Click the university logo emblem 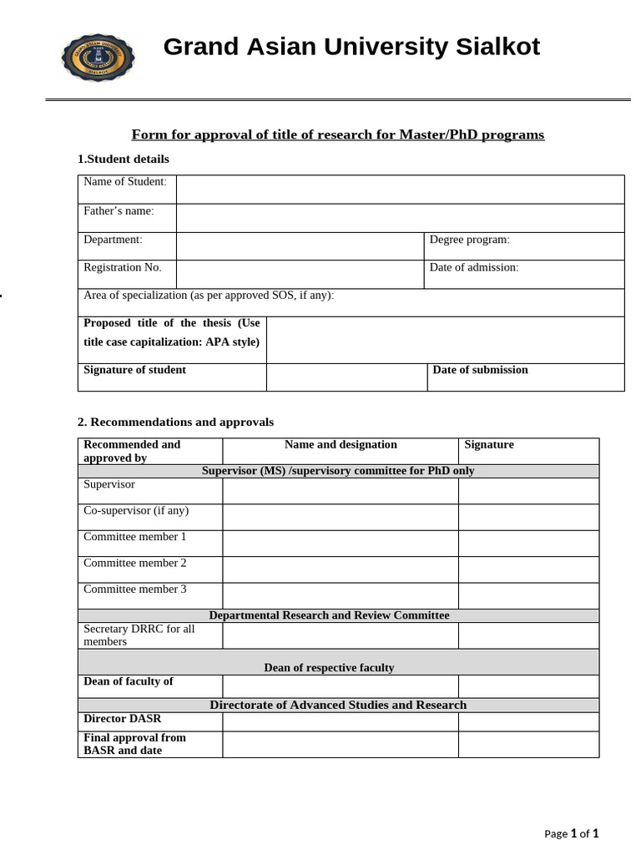98,58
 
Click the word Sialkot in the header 497,47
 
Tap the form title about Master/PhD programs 338,134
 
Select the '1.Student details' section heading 124,159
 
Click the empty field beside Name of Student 400,189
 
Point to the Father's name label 119,211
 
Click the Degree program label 469,240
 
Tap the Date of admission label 473,267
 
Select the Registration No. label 123,267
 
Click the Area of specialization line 209,296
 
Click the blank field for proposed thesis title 444,339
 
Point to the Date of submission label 480,370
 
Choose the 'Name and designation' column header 341,445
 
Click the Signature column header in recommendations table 489,445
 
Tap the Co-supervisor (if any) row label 136,510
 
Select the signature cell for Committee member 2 527,569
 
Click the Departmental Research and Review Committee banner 329,615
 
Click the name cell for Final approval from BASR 340,744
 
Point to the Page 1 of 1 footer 571,833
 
